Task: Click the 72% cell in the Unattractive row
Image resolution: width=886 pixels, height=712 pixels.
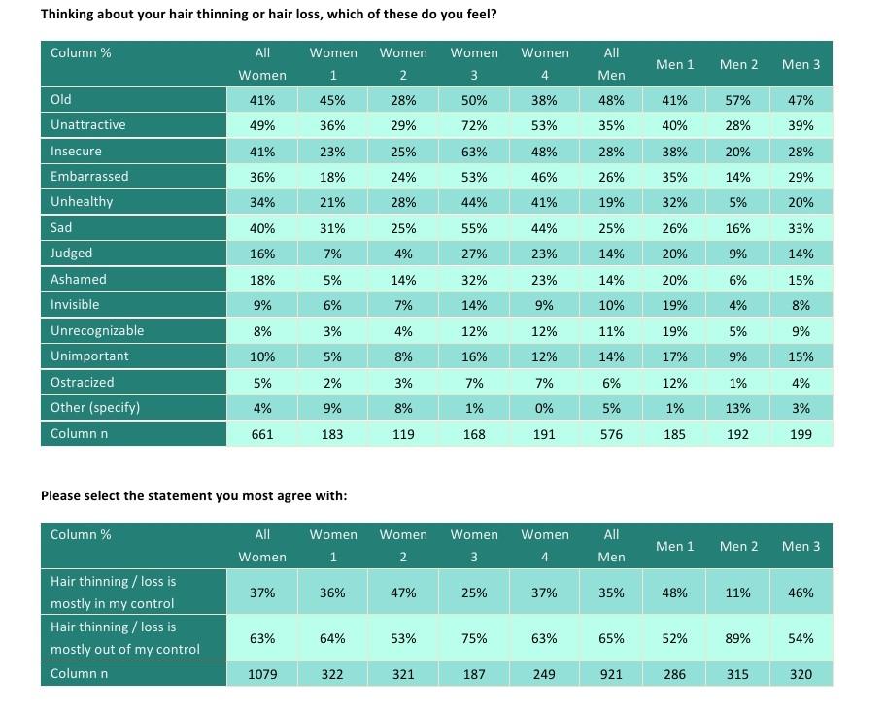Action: (x=473, y=125)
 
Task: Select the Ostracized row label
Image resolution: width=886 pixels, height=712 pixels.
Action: (x=82, y=383)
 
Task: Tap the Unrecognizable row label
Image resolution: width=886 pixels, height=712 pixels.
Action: (x=97, y=331)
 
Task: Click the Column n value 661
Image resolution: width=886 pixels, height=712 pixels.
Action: (x=262, y=434)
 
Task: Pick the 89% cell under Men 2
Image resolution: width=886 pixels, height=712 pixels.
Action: (x=737, y=638)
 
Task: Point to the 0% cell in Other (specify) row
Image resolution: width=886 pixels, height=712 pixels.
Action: (x=544, y=409)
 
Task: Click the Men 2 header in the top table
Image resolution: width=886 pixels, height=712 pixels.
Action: (x=738, y=64)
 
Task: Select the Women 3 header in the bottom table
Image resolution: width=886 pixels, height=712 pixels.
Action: (x=473, y=546)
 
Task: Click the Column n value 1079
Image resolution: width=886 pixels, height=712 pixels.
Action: (x=262, y=675)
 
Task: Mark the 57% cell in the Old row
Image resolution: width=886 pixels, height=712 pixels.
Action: (x=737, y=101)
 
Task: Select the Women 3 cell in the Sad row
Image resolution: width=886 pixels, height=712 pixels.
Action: (x=473, y=229)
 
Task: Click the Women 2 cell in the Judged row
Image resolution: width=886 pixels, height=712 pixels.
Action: (x=403, y=254)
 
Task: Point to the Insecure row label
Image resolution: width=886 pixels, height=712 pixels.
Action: (x=77, y=152)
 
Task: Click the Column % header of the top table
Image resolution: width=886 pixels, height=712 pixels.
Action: (x=81, y=53)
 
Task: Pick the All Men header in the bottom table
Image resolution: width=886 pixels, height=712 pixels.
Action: (x=611, y=546)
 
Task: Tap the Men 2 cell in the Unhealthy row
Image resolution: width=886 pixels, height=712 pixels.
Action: (x=737, y=203)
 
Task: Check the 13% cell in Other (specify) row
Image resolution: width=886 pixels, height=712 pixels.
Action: (x=737, y=409)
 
